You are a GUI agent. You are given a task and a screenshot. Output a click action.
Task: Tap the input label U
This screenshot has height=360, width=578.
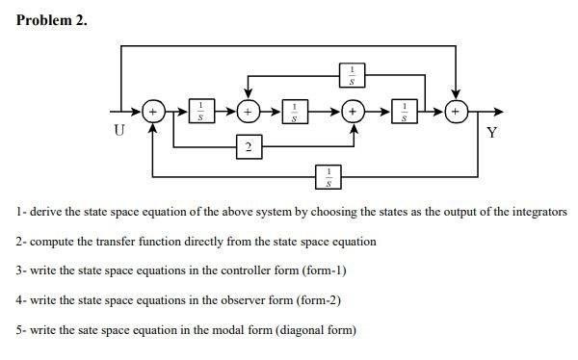pos(118,132)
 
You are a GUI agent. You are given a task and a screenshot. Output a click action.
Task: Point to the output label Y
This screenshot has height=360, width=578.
pos(492,132)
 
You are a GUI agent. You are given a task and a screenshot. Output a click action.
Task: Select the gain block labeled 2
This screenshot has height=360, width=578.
pos(249,146)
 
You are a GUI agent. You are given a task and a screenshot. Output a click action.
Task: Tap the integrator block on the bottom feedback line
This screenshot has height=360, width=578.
pos(329,175)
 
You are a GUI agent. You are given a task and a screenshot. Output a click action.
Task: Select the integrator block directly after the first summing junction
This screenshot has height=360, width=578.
pos(200,112)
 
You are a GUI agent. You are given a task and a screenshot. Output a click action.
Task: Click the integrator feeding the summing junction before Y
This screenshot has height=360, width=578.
pos(406,112)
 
